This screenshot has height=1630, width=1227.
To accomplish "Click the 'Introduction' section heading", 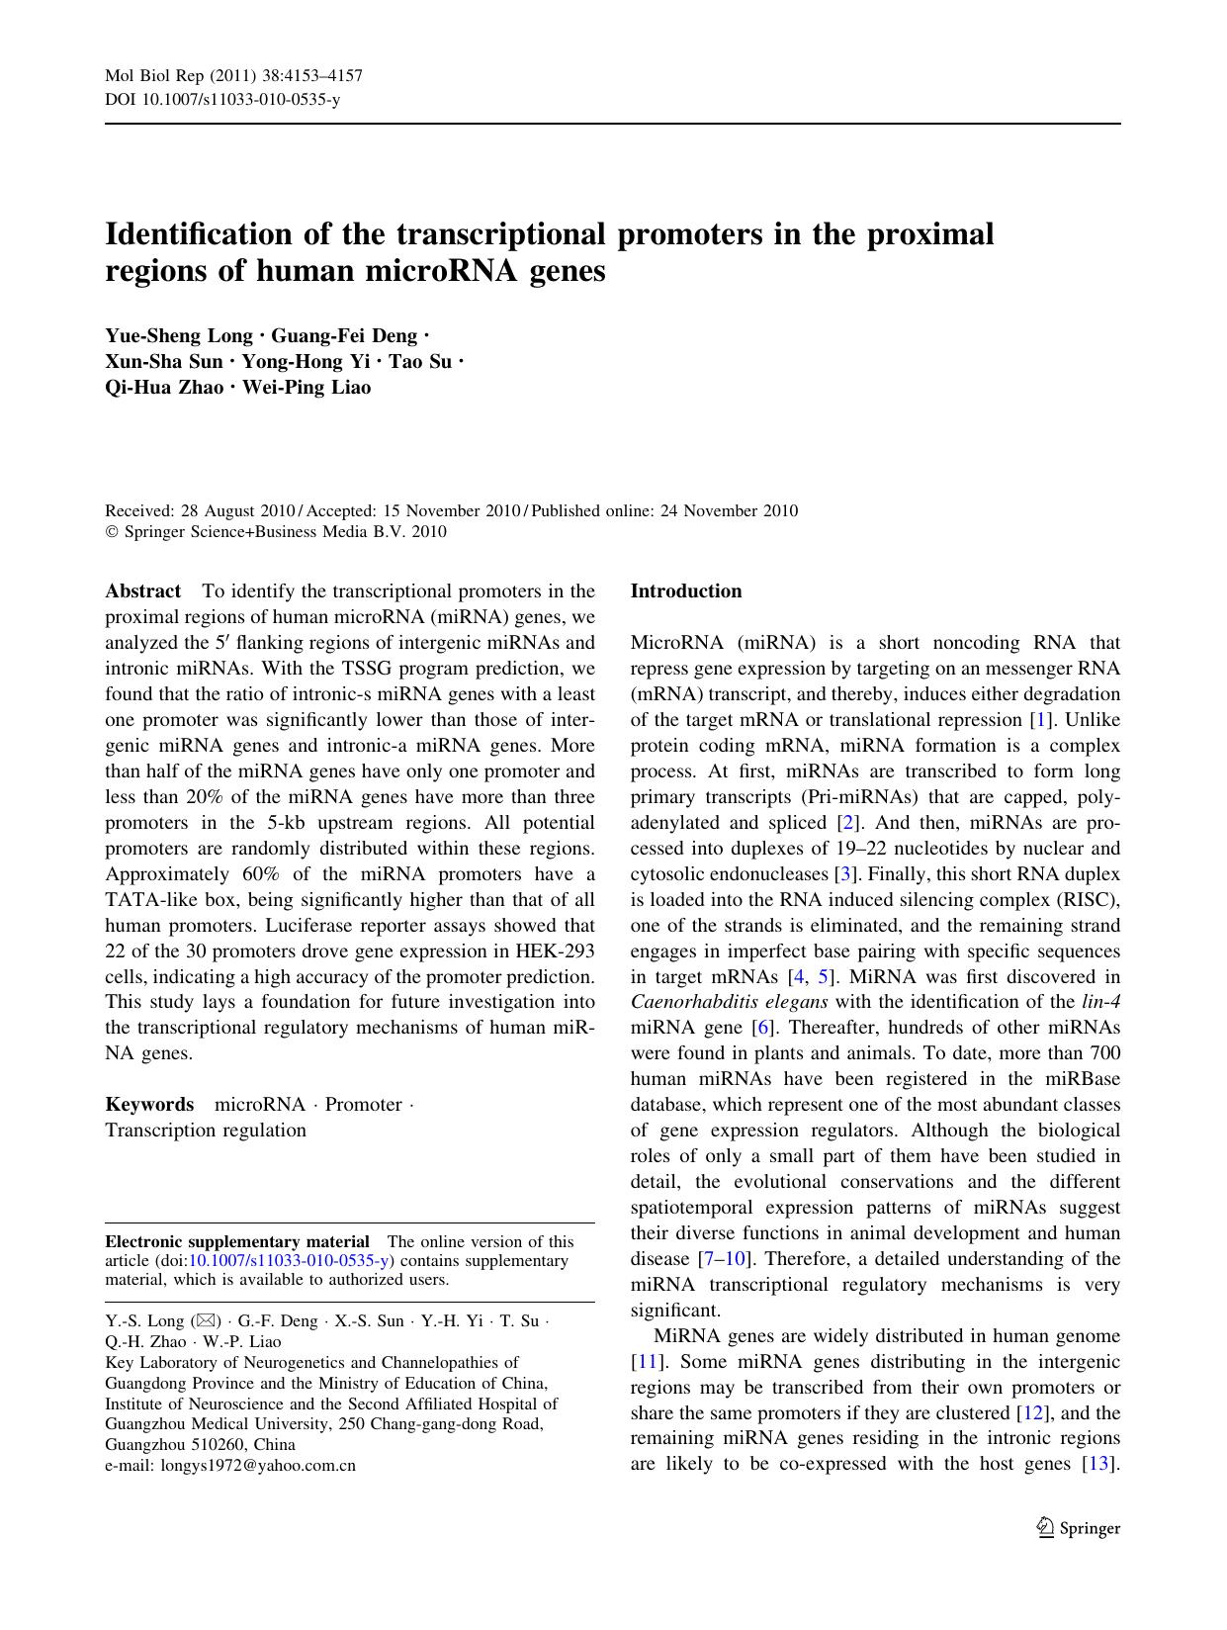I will tap(685, 591).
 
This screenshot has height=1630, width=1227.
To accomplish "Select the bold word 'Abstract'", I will tap(142, 591).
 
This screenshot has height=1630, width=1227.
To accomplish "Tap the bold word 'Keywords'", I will tap(149, 1105).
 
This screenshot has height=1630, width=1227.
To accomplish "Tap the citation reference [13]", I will tap(1099, 1464).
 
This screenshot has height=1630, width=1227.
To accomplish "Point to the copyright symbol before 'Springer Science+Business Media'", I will tap(112, 532).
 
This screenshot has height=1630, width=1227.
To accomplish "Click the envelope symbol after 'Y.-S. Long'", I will tap(206, 1321).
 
